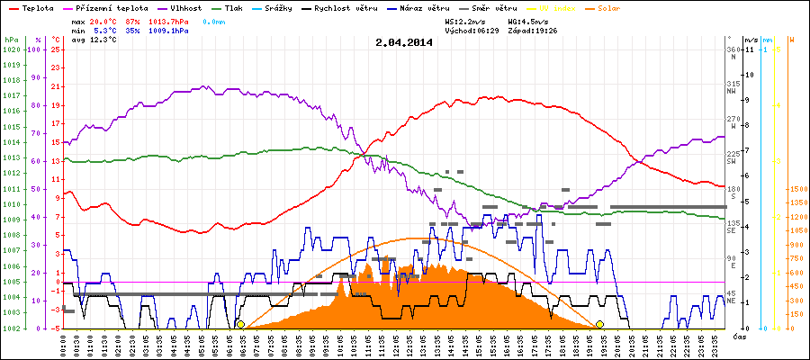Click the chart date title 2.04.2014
pos(404,41)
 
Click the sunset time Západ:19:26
pos(534,30)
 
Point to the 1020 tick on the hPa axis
pos(11,49)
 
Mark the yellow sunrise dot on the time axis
pos(240,324)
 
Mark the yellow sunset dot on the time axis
pos(599,324)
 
